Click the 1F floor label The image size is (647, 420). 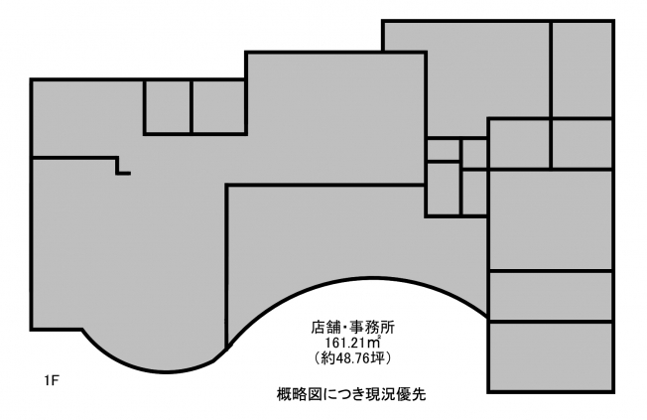(53, 380)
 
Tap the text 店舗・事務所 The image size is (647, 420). (353, 328)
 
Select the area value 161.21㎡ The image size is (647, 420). (353, 343)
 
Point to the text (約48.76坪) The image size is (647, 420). (352, 357)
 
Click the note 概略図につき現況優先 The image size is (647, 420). (351, 394)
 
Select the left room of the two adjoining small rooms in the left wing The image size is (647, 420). (168, 106)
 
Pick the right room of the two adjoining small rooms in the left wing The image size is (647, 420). (218, 106)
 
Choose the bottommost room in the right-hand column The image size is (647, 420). (552, 356)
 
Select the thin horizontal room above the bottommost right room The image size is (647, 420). (552, 296)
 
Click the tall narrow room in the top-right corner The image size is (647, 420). (582, 70)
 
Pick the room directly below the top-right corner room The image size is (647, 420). (582, 144)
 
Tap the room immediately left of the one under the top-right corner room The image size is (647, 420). (520, 144)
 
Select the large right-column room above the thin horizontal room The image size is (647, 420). (552, 220)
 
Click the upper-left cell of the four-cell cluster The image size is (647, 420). (443, 150)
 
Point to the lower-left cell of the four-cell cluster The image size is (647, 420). (443, 189)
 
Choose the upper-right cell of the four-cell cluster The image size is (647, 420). (474, 154)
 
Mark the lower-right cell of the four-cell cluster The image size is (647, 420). (474, 193)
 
